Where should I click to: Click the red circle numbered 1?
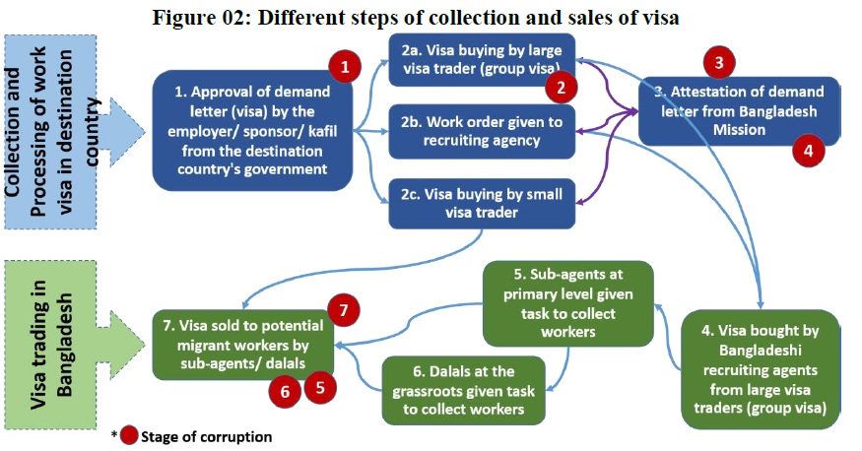(x=344, y=67)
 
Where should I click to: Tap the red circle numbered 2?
(x=561, y=88)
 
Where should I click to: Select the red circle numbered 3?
(x=719, y=62)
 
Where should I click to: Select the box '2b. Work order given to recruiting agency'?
(x=482, y=130)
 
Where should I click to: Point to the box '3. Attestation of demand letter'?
(x=739, y=111)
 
